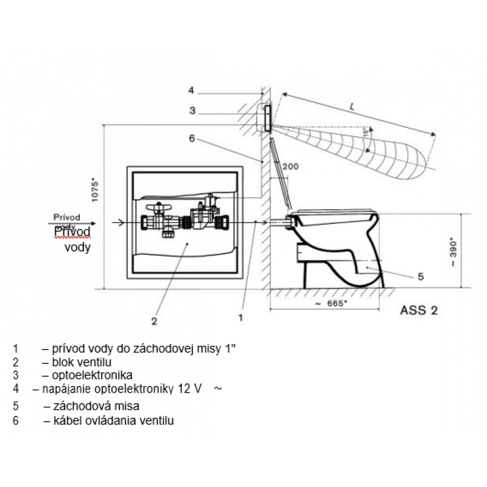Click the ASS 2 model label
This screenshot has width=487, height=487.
tap(418, 309)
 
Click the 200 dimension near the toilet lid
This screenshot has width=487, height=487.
tap(291, 166)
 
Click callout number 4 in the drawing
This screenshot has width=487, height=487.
tap(191, 91)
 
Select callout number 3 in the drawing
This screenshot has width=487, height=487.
tap(191, 111)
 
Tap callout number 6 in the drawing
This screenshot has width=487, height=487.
tap(191, 139)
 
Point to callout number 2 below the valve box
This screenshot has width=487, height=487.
tap(155, 320)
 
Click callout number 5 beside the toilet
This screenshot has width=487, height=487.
tap(421, 277)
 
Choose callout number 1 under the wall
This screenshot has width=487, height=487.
tap(241, 317)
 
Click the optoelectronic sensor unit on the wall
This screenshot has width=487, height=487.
tap(267, 117)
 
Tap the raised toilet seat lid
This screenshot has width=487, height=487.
tap(281, 170)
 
